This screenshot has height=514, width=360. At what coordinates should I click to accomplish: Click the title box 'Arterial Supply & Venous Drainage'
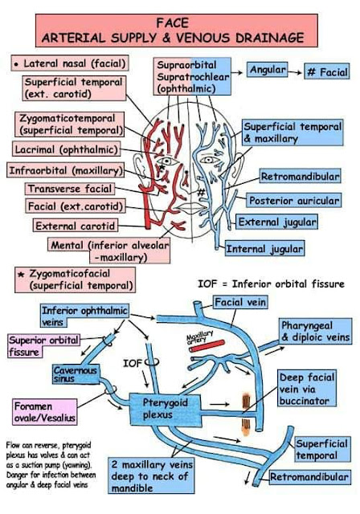click(x=178, y=30)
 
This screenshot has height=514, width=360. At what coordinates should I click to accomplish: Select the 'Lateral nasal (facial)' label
click(x=69, y=63)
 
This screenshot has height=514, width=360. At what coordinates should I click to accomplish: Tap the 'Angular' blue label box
click(x=268, y=71)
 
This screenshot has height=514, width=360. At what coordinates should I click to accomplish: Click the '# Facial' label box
click(x=327, y=72)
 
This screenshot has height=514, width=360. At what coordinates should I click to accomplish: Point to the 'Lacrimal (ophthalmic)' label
click(x=67, y=149)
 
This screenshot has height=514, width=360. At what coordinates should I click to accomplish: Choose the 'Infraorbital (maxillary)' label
click(x=67, y=170)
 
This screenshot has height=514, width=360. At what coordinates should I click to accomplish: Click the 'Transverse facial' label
click(x=69, y=189)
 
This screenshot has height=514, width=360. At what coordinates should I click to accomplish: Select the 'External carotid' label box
click(x=76, y=226)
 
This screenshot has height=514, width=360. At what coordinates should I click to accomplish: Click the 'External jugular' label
click(x=277, y=222)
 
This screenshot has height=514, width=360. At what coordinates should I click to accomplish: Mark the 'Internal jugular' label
click(x=264, y=249)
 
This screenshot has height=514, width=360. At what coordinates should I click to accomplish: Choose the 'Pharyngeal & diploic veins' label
click(x=313, y=331)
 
